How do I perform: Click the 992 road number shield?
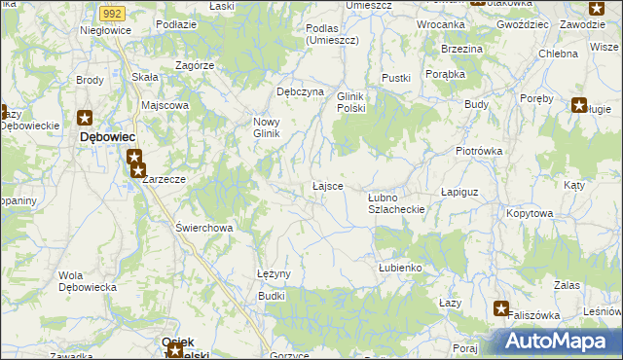click(112, 14)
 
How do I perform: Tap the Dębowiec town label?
click(107, 138)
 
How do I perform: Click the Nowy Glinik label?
click(267, 127)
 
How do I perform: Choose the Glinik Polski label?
click(350, 102)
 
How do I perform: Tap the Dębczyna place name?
click(300, 90)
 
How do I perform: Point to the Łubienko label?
click(399, 267)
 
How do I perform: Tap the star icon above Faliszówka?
click(501, 309)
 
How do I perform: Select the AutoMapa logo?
click(557, 341)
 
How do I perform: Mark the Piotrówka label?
click(478, 151)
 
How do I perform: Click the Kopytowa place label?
click(531, 211)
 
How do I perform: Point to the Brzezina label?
click(460, 48)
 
